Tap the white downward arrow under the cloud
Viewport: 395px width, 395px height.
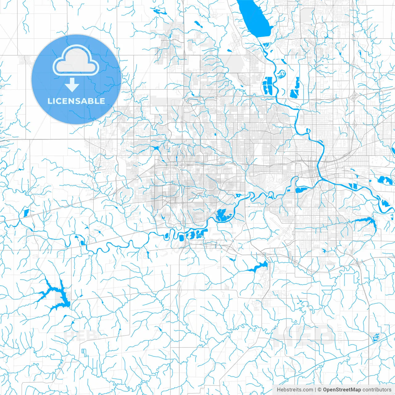pyautogui.click(x=72, y=85)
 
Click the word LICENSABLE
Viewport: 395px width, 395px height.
pyautogui.click(x=76, y=101)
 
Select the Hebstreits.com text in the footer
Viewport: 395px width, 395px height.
pyautogui.click(x=295, y=390)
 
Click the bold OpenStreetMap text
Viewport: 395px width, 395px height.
pyautogui.click(x=342, y=390)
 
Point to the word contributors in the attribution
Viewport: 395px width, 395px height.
pyautogui.click(x=377, y=390)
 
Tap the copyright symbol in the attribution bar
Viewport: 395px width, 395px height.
pyautogui.click(x=320, y=390)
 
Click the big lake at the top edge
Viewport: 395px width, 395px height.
pyautogui.click(x=255, y=17)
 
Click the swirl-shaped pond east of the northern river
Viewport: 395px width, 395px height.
pyautogui.click(x=281, y=74)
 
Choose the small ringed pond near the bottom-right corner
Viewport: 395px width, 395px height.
pyautogui.click(x=376, y=338)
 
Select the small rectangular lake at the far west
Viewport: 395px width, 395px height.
pyautogui.click(x=26, y=212)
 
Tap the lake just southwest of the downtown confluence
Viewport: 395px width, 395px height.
pyautogui.click(x=302, y=190)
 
